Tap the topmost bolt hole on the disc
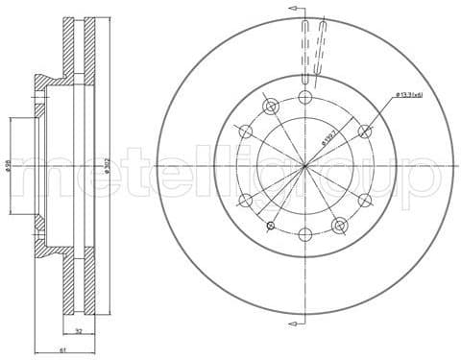(x=305, y=97)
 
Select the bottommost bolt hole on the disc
(x=305, y=234)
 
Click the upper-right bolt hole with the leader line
(x=365, y=132)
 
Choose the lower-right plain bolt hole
(x=365, y=201)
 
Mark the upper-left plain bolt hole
(x=246, y=132)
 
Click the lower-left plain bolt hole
(x=246, y=201)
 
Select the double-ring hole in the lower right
(x=339, y=226)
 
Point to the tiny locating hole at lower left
(x=271, y=227)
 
